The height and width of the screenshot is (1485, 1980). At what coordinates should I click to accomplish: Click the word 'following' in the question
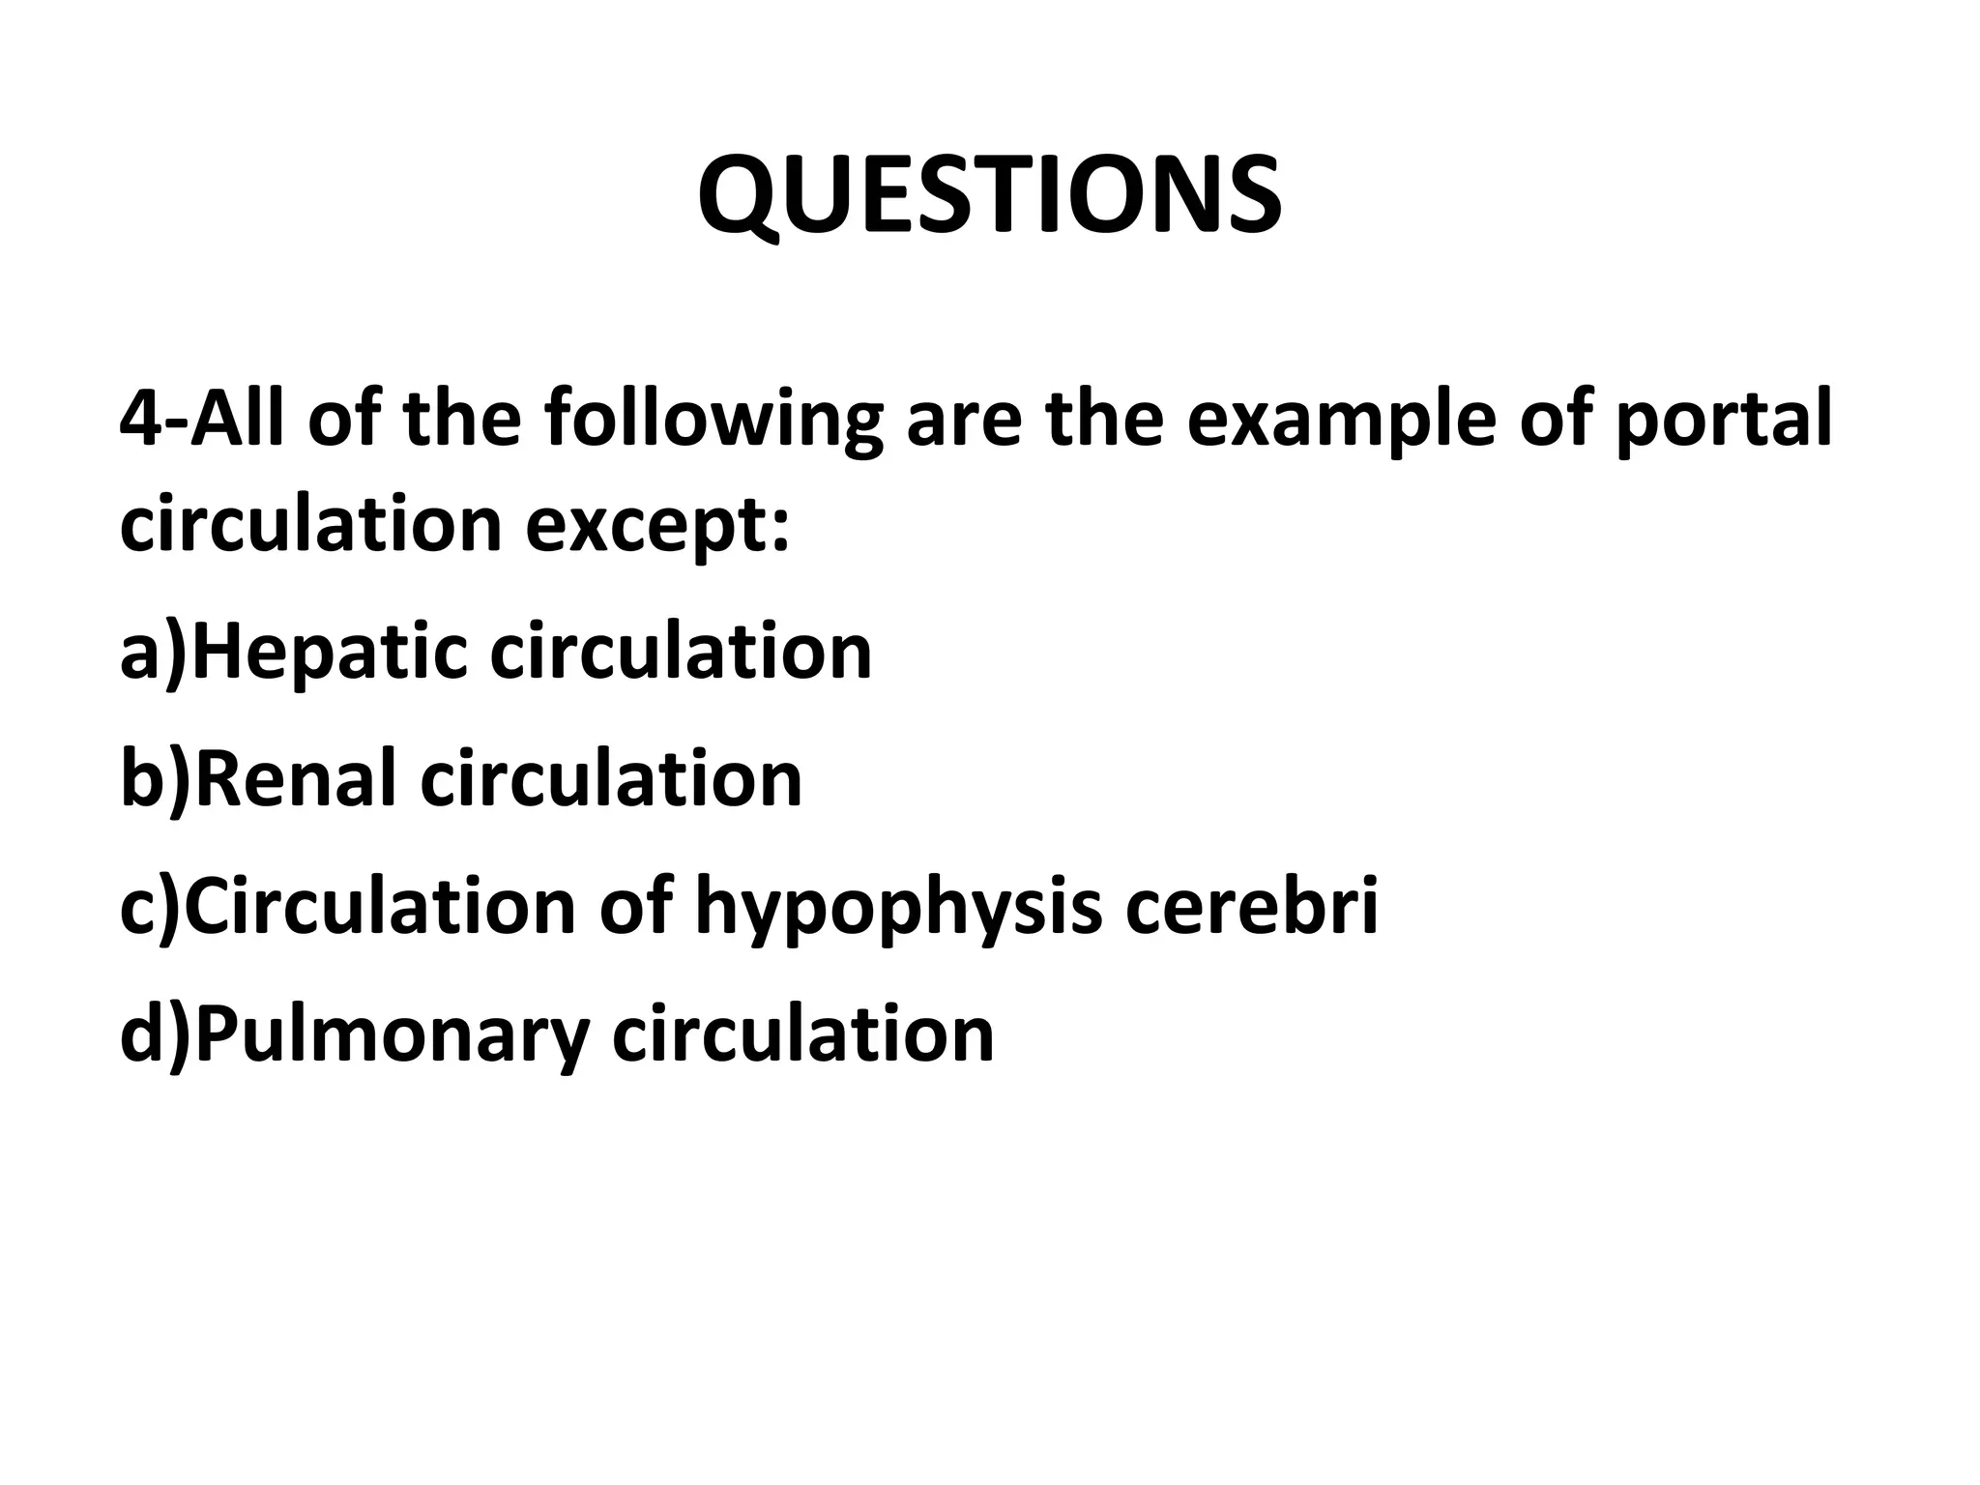pyautogui.click(x=713, y=422)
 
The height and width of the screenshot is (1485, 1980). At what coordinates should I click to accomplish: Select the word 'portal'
pyautogui.click(x=1722, y=422)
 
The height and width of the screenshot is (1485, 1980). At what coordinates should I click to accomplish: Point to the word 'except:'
pyautogui.click(x=657, y=527)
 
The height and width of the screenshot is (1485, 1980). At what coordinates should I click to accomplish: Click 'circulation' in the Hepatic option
pyautogui.click(x=681, y=652)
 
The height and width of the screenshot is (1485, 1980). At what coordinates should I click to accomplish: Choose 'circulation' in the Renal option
pyautogui.click(x=611, y=779)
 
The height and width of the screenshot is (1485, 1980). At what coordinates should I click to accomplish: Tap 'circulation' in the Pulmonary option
pyautogui.click(x=803, y=1034)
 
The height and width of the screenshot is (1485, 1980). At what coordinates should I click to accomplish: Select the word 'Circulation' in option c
pyautogui.click(x=380, y=907)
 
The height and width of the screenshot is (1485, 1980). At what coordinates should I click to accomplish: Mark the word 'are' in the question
pyautogui.click(x=963, y=422)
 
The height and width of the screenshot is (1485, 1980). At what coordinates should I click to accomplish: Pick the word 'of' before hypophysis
pyautogui.click(x=634, y=907)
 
